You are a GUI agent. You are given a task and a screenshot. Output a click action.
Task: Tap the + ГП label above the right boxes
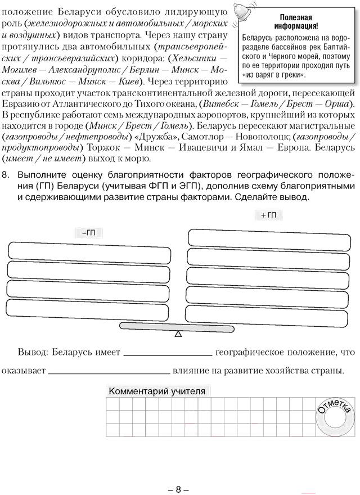[x=269, y=215]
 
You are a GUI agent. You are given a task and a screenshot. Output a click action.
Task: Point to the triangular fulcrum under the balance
[x=178, y=334]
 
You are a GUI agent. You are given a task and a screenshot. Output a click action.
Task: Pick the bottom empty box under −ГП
[x=88, y=311]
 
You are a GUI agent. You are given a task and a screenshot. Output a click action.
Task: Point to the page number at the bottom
[x=179, y=474]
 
